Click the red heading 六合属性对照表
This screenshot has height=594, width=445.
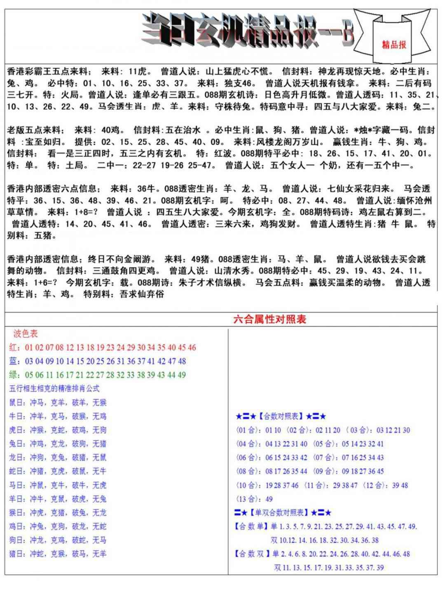coord(269,319)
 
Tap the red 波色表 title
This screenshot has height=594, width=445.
coord(26,333)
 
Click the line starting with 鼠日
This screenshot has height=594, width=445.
coord(58,403)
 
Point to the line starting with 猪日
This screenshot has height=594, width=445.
coord(58,554)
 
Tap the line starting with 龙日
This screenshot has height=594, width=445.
coord(58,457)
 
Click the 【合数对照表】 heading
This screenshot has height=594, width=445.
coord(281,416)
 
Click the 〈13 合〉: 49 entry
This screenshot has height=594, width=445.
coord(254,499)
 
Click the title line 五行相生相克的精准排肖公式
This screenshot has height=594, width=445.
coord(54,389)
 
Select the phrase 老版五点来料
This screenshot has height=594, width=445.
coord(35,130)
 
